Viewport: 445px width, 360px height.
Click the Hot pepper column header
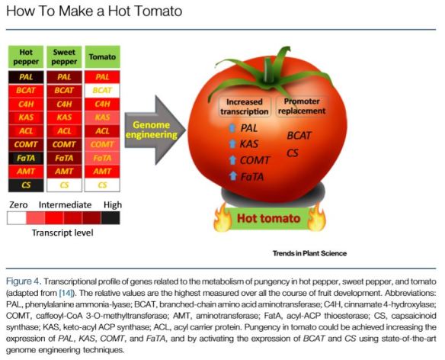click(24, 57)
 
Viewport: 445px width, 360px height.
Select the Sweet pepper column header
click(64, 57)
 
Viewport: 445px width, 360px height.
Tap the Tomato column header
click(101, 57)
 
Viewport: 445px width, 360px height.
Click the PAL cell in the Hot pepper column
click(24, 77)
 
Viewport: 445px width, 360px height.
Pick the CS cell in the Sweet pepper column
click(64, 185)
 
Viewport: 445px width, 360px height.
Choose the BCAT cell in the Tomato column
click(101, 91)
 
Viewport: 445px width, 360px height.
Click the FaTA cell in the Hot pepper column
click(24, 158)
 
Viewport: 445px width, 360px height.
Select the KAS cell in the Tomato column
click(101, 117)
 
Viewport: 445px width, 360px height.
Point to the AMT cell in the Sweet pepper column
click(64, 172)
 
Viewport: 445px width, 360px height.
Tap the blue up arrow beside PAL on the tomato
click(232, 128)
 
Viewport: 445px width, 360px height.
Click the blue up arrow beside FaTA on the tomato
click(232, 176)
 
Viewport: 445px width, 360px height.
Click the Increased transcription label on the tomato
click(245, 106)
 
